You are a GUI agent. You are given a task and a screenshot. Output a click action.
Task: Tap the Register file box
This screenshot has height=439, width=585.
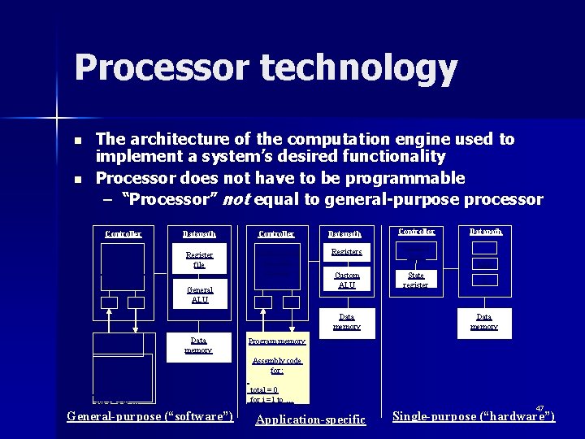[x=199, y=260]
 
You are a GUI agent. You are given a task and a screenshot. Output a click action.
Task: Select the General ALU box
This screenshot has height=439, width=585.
[x=199, y=294]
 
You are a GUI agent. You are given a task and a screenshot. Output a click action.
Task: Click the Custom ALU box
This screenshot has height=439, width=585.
[x=347, y=279]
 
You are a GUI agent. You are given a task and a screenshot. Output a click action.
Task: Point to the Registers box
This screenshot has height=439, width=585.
[x=347, y=253]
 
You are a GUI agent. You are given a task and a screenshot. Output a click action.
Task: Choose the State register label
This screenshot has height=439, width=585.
[x=416, y=280]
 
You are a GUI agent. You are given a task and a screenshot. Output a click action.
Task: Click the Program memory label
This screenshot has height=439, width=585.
[x=277, y=341]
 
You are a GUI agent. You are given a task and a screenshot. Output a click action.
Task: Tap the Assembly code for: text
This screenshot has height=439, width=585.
[x=277, y=365]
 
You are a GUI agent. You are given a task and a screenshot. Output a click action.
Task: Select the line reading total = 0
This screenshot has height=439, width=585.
[x=265, y=389]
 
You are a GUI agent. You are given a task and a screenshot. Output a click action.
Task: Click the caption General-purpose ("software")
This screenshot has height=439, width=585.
[x=150, y=417]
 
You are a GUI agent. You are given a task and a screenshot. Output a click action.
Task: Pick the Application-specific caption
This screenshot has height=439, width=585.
[x=311, y=419]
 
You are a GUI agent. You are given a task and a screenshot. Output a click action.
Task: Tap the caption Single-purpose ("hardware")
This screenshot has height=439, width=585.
[x=474, y=416]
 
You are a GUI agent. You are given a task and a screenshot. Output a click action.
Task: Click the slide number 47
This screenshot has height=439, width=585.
[x=539, y=408]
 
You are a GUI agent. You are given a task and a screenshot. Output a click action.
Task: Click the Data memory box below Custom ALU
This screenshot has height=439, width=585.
[x=347, y=322]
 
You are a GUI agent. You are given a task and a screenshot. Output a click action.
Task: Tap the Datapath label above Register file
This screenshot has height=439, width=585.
[x=199, y=234]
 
